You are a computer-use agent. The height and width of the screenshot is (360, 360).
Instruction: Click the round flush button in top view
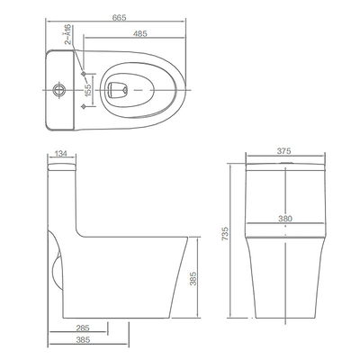point(59,89)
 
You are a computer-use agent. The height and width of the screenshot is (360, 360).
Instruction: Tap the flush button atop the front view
point(284,161)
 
